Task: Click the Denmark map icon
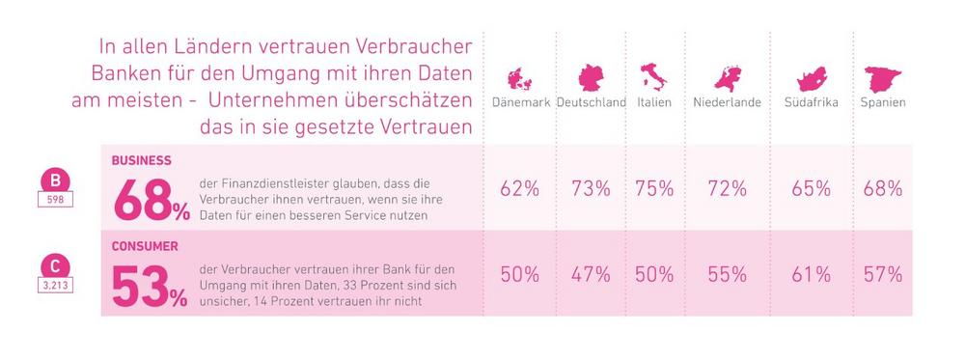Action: pos(519,79)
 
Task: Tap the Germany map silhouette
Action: pos(591,78)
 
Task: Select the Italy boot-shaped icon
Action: pos(653,77)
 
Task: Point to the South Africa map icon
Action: pos(812,79)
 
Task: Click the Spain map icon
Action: pos(882,79)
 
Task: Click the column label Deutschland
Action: pos(592,102)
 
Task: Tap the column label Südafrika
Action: pos(812,102)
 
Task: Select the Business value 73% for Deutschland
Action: pos(591,188)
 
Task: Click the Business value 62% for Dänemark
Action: pos(519,188)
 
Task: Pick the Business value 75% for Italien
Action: pos(654,188)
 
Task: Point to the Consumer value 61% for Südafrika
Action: pos(812,274)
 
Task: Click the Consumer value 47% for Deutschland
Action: pos(591,274)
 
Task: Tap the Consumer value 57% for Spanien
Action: pos(883,274)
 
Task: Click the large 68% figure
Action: pos(152,200)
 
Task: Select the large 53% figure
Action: pos(150,286)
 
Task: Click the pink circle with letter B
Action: pos(55,180)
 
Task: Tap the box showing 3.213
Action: pos(55,286)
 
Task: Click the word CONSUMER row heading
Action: pos(145,246)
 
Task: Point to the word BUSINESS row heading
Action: pos(142,160)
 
